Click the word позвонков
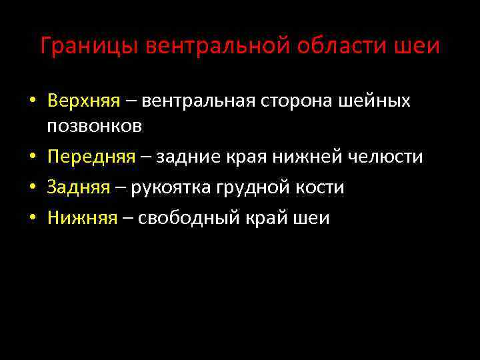tap(95, 125)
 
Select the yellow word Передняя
tap(91, 157)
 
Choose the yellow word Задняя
tap(79, 187)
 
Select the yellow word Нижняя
tap(83, 218)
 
